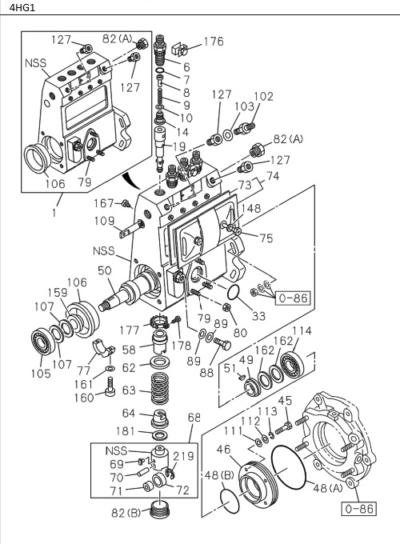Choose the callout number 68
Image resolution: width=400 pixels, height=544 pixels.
click(194, 417)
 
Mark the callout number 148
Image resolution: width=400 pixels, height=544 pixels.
click(251, 210)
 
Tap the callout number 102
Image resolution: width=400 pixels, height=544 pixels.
click(263, 97)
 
